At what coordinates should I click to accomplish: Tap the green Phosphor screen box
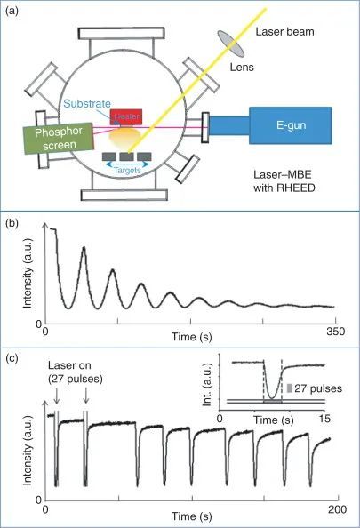(59, 139)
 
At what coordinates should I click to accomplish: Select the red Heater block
(126, 116)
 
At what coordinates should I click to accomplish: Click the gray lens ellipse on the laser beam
(231, 44)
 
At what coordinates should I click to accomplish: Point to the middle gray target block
(126, 156)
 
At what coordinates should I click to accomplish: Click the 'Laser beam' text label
(285, 32)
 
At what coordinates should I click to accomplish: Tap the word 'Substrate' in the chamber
(87, 104)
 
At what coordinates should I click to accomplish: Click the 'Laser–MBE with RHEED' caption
(284, 181)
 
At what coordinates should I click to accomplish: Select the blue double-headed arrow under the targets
(127, 164)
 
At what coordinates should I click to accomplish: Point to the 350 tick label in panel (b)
(335, 332)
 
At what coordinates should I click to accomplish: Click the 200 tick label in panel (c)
(338, 509)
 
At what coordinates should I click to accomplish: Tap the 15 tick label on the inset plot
(324, 419)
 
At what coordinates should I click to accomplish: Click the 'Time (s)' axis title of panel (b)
(192, 337)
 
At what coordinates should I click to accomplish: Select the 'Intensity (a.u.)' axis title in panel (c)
(28, 450)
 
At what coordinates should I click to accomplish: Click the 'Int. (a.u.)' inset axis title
(207, 384)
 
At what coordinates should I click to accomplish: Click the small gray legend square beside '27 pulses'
(290, 388)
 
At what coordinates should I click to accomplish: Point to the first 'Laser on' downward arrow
(57, 395)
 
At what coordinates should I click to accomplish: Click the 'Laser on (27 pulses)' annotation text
(75, 372)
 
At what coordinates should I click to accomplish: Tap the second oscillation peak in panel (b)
(113, 269)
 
